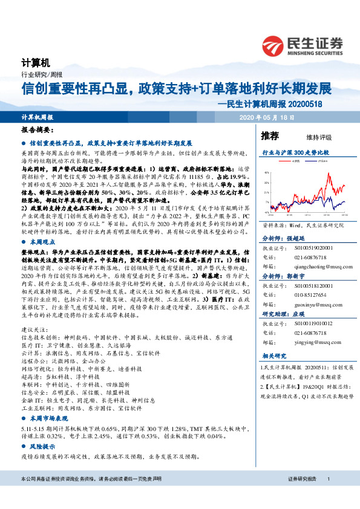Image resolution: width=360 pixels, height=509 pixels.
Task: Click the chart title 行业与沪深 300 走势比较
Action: click(x=295, y=153)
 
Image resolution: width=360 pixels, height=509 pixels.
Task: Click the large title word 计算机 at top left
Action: click(x=34, y=62)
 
